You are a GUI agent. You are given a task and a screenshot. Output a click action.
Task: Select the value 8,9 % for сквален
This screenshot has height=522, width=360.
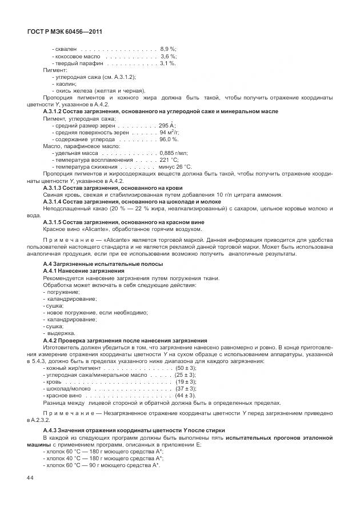pyautogui.click(x=168, y=50)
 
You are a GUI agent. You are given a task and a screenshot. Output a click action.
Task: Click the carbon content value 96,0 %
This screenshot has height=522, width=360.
pyautogui.click(x=169, y=139)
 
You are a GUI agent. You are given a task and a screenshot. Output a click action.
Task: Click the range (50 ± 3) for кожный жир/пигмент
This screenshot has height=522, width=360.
pyautogui.click(x=186, y=368)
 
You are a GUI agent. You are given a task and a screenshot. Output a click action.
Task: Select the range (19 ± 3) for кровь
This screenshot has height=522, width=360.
pyautogui.click(x=186, y=381)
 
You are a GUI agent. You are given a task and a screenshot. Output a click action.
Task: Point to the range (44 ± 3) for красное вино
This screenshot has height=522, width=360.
pyautogui.click(x=186, y=395)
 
